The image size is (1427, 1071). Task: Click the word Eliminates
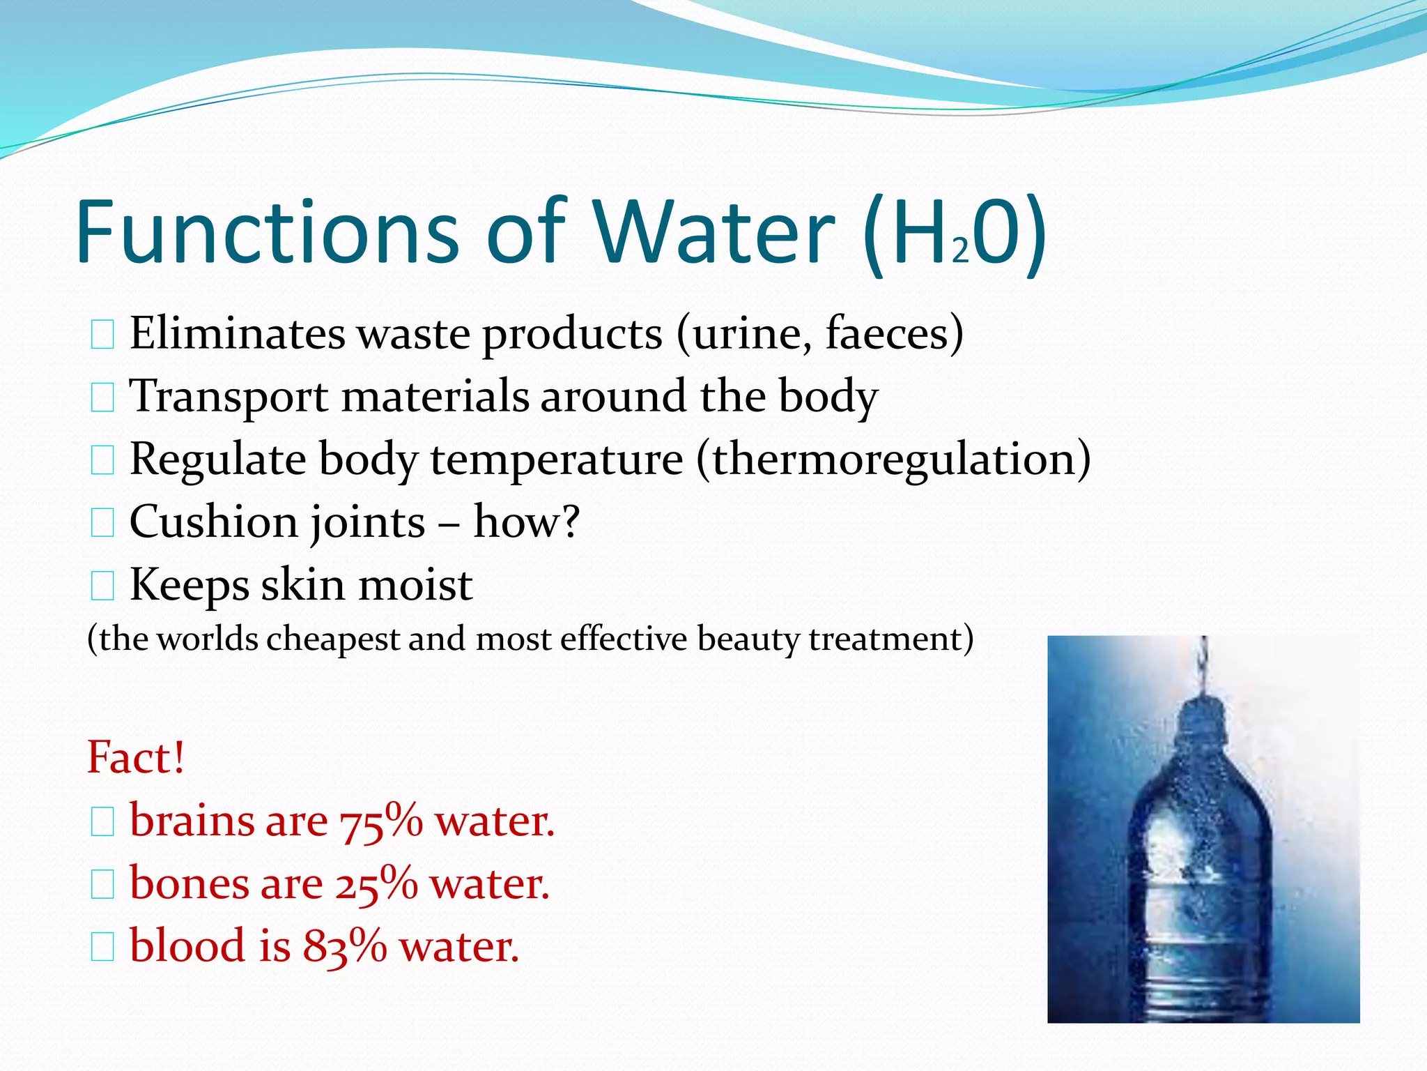pos(237,333)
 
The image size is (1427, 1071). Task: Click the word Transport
pos(229,396)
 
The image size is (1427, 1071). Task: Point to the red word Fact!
pos(136,757)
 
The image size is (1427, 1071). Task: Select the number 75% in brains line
pos(381,821)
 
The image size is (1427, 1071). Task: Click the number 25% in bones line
pos(376,884)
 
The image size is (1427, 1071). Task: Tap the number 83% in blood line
pos(345,947)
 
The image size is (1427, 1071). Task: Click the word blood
pos(187,945)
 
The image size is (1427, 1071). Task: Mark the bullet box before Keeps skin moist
pos(102,586)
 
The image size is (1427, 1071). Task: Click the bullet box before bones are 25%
pos(102,885)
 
